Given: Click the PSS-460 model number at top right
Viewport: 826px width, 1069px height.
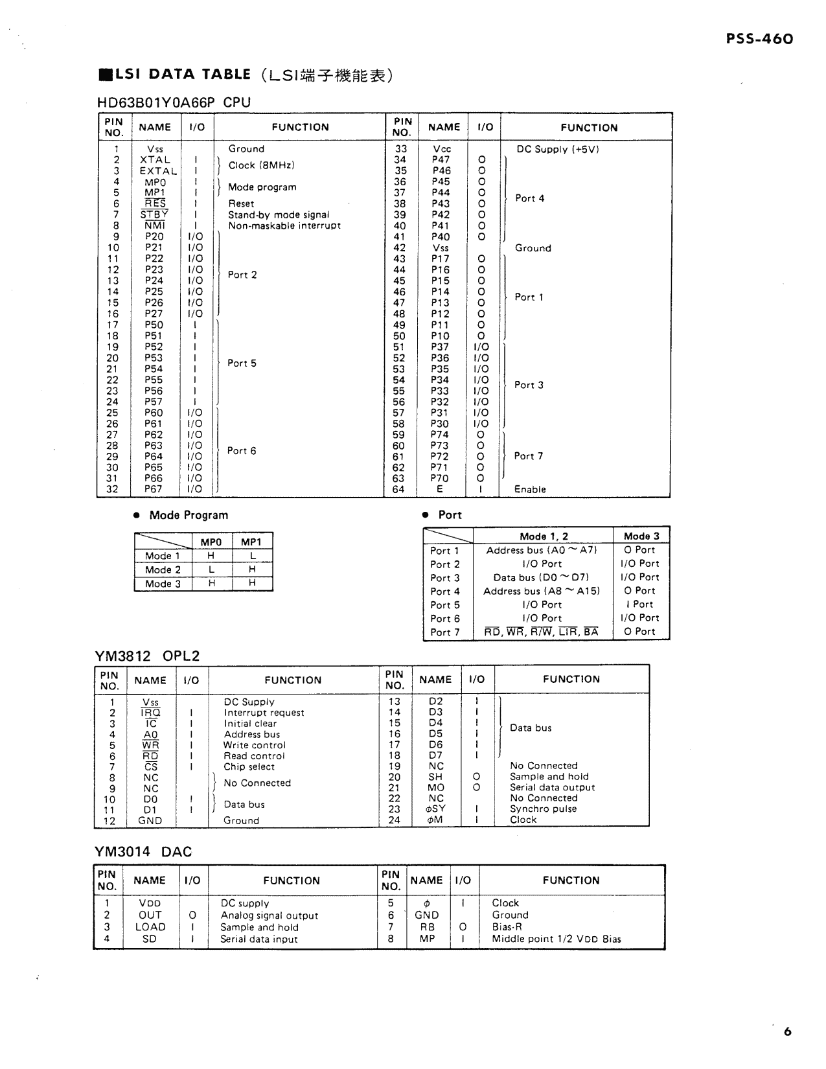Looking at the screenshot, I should click(759, 40).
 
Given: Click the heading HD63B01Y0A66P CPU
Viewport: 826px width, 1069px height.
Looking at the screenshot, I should click(174, 102).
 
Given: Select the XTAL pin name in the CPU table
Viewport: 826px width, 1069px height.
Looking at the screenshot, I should click(155, 160).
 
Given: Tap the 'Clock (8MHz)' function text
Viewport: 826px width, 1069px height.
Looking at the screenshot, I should click(261, 165).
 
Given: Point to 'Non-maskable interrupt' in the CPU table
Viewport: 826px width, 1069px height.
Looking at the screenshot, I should click(284, 225).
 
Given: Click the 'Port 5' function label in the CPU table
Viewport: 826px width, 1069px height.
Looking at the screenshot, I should click(242, 363).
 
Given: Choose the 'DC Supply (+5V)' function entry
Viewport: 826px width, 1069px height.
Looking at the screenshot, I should click(557, 149).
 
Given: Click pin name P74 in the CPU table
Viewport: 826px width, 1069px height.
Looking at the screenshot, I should click(440, 435).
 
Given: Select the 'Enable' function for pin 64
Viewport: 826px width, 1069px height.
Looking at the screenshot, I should click(530, 489).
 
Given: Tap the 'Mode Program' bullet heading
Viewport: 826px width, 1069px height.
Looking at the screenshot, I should click(189, 515).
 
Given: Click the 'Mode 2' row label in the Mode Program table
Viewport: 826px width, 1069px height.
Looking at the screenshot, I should click(163, 570).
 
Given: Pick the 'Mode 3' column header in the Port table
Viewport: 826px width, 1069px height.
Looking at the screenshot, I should click(641, 536).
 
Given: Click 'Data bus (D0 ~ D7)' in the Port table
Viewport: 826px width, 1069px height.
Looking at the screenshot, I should click(541, 577).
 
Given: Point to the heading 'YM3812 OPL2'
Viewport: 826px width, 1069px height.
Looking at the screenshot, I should click(148, 656).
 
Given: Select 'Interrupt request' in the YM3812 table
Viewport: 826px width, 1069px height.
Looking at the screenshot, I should click(264, 713).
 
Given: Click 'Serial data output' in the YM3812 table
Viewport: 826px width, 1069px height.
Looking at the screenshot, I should click(552, 787).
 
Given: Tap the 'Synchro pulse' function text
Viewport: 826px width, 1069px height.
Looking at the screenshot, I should click(543, 809).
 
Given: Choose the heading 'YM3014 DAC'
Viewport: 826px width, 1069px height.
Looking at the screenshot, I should click(143, 851).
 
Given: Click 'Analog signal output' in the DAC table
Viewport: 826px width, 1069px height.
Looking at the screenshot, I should click(270, 915).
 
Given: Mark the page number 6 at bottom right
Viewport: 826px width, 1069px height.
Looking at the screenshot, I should click(787, 1032).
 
